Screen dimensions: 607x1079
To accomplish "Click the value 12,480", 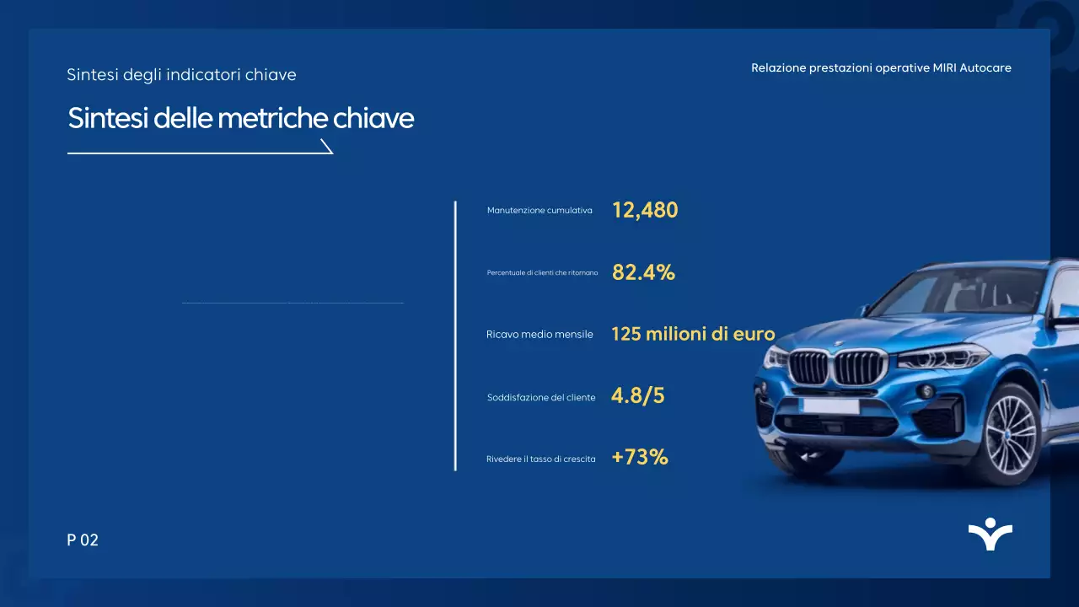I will (x=645, y=210).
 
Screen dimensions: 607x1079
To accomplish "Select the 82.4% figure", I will (x=643, y=272).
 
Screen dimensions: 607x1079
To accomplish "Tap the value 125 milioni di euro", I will (x=692, y=334).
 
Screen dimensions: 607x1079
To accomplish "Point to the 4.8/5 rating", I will (x=637, y=396).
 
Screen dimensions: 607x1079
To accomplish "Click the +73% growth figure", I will (x=640, y=458).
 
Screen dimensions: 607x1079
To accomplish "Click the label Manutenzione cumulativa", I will (x=539, y=210).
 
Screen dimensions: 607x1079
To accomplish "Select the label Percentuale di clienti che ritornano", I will (x=542, y=273).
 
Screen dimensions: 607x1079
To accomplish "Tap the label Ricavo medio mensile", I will (x=539, y=335).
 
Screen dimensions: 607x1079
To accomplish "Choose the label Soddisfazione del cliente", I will (x=541, y=397).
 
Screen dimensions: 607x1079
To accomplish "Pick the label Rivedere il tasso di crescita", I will (x=541, y=459).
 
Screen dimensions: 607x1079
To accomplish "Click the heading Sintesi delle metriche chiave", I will (x=241, y=119).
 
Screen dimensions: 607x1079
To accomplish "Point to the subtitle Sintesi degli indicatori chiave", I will (x=181, y=75).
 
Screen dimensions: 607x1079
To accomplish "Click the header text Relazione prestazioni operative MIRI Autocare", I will (x=881, y=67).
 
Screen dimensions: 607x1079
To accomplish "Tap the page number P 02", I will (x=83, y=540).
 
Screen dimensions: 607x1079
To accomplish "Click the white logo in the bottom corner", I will (x=990, y=534).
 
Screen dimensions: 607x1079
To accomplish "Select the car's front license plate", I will (x=830, y=406).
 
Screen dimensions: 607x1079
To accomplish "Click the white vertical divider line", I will (x=455, y=336).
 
